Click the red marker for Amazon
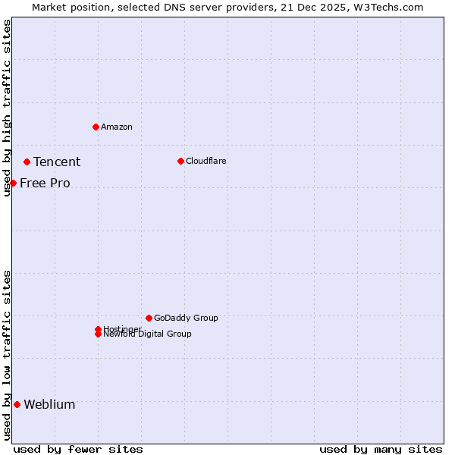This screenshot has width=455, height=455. pos(96,127)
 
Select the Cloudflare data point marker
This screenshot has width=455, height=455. pos(180,161)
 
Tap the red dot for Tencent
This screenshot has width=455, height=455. pos(27,162)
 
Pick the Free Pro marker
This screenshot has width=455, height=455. pos(13,183)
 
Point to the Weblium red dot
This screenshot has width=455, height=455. pos(17,404)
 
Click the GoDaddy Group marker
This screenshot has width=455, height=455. pos(149,318)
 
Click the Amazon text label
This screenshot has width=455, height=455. pos(117,127)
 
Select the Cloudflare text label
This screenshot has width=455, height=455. pos(206,161)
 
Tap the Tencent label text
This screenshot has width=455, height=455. pos(57,162)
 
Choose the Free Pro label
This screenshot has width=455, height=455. pos(45,183)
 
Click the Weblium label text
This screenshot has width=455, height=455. pos(49,404)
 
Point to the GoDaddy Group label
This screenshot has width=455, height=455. pos(186,318)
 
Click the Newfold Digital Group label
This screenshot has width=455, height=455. pos(148,334)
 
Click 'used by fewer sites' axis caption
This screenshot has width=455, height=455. pos(78,449)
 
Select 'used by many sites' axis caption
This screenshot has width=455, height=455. pos(381,449)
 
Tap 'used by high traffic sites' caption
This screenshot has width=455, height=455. pos(7,108)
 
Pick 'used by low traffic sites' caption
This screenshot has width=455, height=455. pos(7,354)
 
